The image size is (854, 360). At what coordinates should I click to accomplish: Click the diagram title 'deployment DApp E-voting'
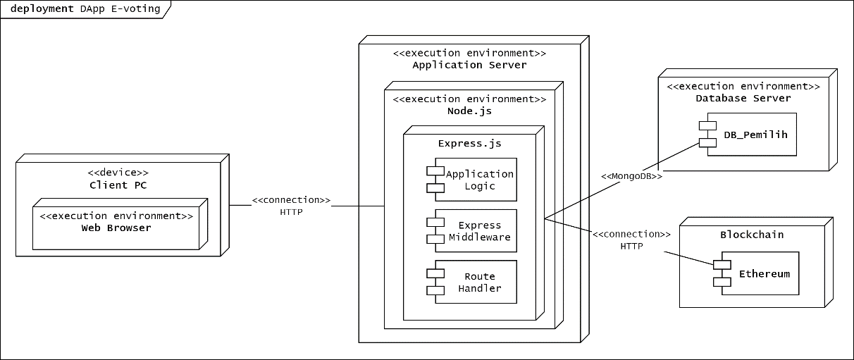(85, 9)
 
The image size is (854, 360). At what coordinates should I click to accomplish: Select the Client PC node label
(118, 185)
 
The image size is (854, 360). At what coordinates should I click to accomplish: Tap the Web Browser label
(116, 228)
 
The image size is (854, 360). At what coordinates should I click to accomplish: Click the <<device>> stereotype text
(118, 173)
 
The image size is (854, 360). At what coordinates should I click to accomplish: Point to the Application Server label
(469, 65)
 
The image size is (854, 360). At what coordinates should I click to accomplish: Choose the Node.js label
(469, 111)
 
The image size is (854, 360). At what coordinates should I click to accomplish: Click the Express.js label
(469, 143)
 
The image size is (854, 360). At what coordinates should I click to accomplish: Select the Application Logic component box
(476, 180)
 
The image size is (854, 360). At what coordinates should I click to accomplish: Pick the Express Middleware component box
(476, 231)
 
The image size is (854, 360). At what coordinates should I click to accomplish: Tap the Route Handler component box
(476, 282)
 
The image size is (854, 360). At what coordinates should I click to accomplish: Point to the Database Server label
(743, 98)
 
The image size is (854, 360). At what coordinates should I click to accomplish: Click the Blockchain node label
(752, 235)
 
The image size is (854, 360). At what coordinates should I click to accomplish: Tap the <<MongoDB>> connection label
(631, 176)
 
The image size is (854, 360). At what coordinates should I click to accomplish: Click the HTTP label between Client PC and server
(291, 211)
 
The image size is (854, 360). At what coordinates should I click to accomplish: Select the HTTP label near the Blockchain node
(631, 246)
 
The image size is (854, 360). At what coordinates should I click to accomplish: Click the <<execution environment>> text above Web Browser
(116, 216)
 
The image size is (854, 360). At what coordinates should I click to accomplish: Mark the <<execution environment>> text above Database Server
(743, 86)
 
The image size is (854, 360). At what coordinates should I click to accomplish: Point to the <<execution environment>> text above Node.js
(469, 99)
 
